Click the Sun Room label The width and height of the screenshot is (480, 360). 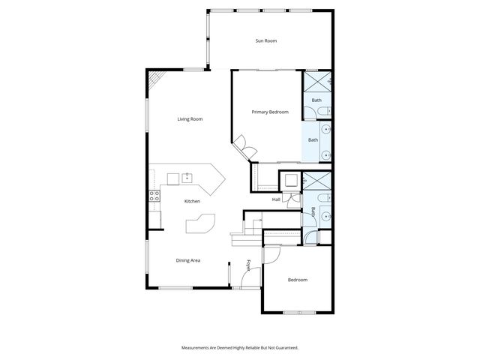[x=266, y=40]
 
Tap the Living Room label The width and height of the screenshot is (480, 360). [x=190, y=119]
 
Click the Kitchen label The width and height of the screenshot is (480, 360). [x=192, y=201]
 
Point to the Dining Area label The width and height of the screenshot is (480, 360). [x=187, y=260]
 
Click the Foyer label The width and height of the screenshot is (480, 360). [x=249, y=266]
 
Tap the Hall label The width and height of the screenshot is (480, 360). [x=276, y=199]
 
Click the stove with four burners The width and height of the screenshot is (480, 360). [x=154, y=196]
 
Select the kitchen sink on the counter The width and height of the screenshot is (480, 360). [x=187, y=178]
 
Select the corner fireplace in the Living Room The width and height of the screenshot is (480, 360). [x=155, y=79]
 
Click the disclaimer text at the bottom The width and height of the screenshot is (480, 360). [x=240, y=347]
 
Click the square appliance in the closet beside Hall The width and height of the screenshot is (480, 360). [x=289, y=180]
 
